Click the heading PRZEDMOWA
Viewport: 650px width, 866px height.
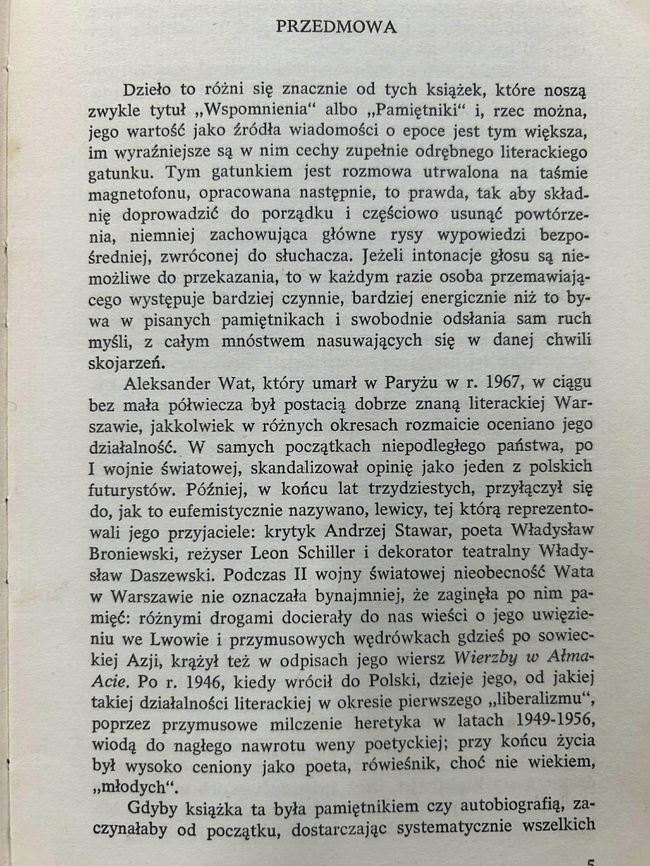(336, 27)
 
